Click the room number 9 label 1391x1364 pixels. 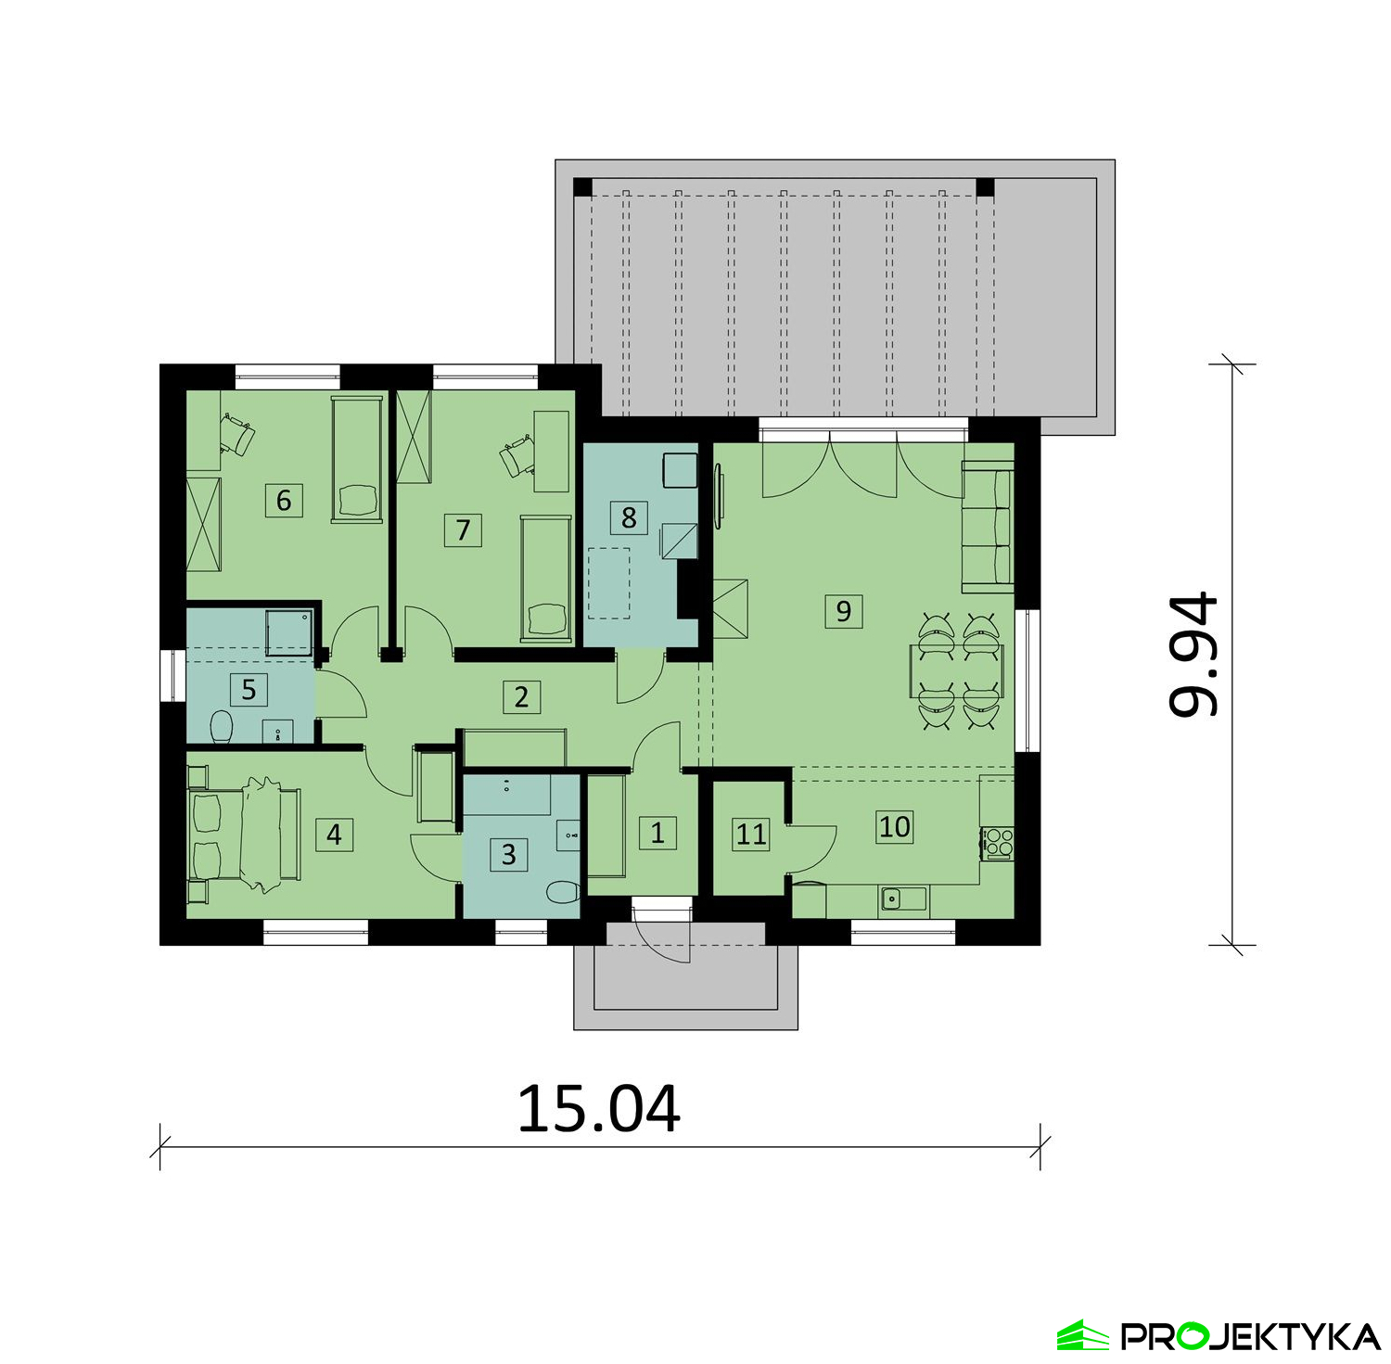click(x=843, y=611)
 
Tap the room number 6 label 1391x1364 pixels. click(x=284, y=501)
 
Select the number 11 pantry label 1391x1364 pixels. click(x=751, y=835)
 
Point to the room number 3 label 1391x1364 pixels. click(x=508, y=854)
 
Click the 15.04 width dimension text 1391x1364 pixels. click(x=599, y=1108)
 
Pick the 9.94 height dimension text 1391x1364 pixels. click(x=1192, y=655)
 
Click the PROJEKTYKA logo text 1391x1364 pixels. click(x=1251, y=1336)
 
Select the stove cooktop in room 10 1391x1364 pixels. click(x=997, y=844)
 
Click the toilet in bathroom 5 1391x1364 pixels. click(x=221, y=726)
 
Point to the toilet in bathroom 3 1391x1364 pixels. click(x=562, y=893)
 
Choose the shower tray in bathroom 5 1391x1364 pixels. click(x=291, y=632)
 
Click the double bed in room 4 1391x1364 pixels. click(x=245, y=835)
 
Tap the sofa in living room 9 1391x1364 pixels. click(x=988, y=526)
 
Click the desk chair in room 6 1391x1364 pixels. click(x=238, y=436)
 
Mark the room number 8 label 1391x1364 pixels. click(x=629, y=517)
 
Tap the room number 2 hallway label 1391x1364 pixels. click(x=521, y=696)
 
